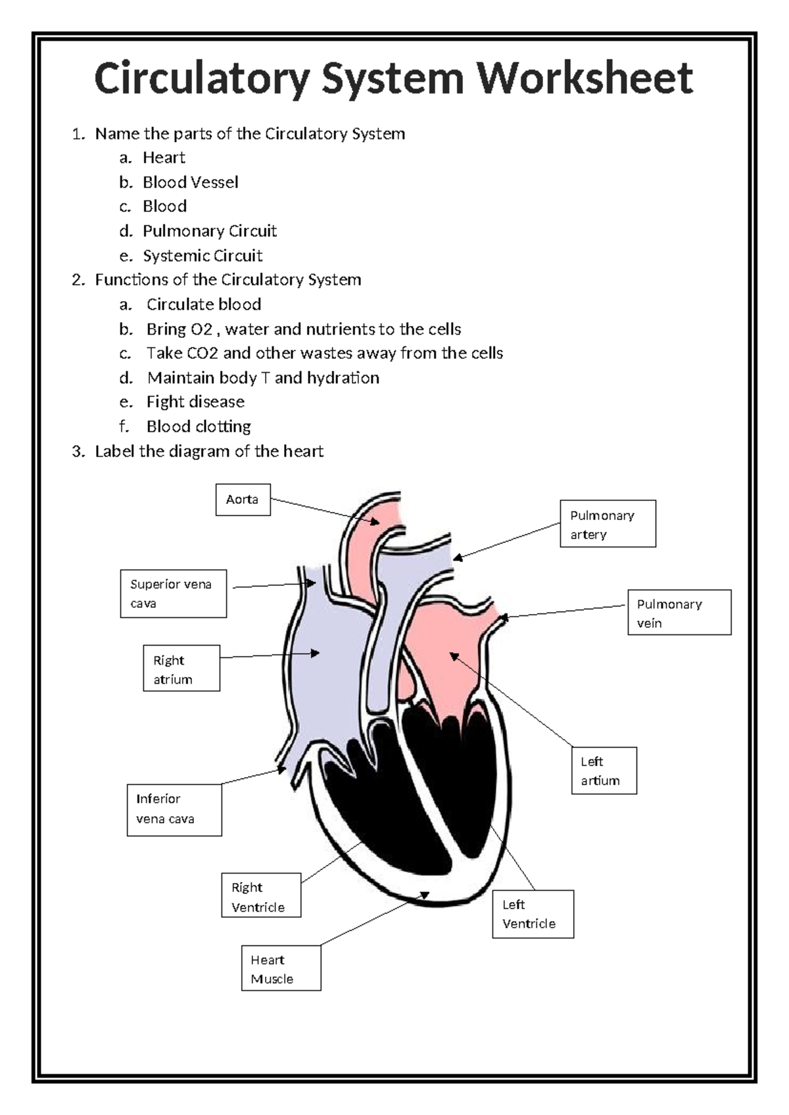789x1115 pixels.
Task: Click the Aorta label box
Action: (243, 500)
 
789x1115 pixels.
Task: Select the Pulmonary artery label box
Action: (608, 523)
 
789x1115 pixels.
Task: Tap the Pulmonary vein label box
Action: (679, 612)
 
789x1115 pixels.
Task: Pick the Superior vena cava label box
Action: (173, 593)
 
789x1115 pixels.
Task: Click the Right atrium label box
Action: (181, 668)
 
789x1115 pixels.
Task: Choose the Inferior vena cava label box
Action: (174, 809)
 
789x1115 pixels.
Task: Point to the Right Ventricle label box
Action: (261, 895)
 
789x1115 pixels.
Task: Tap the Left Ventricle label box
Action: (533, 914)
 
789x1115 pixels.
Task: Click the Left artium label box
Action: (604, 771)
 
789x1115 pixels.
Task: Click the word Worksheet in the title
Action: (584, 78)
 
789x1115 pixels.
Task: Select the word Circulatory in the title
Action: (201, 78)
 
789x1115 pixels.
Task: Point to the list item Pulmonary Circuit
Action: (209, 231)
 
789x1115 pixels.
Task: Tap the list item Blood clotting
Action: (198, 427)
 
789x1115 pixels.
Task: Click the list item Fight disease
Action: (195, 402)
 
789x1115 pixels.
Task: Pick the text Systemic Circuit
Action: (202, 255)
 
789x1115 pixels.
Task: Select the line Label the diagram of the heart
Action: (209, 451)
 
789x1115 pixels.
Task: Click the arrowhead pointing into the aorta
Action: (375, 522)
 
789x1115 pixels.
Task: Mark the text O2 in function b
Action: (202, 329)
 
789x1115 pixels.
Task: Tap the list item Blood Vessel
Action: (190, 182)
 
